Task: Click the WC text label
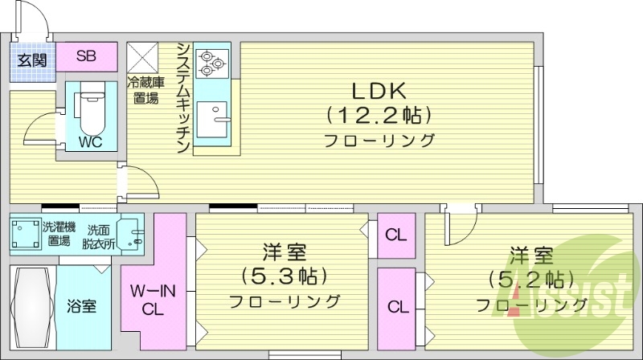tap(89, 144)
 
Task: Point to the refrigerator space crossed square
tap(145, 57)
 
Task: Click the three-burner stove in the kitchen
tap(213, 61)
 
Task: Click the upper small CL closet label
tap(395, 235)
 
